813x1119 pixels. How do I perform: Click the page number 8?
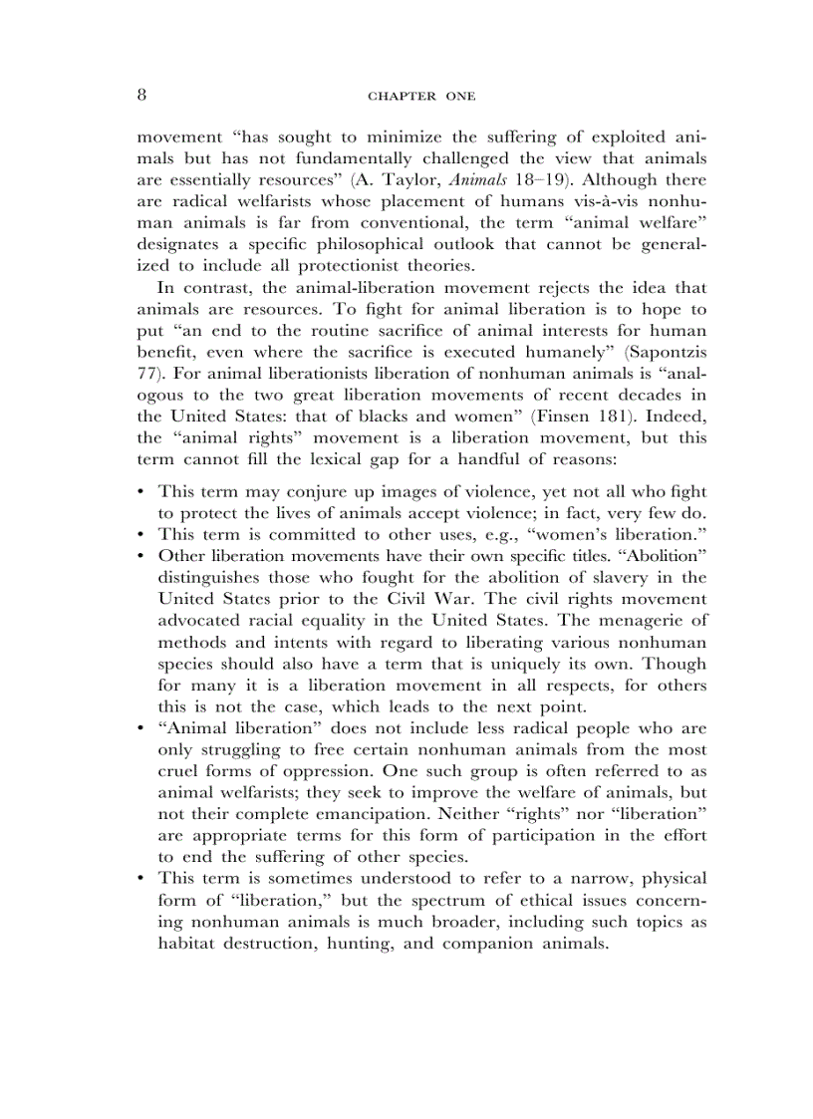click(142, 96)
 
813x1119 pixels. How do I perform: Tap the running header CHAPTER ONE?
click(421, 97)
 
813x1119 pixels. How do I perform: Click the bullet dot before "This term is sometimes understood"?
click(142, 878)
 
